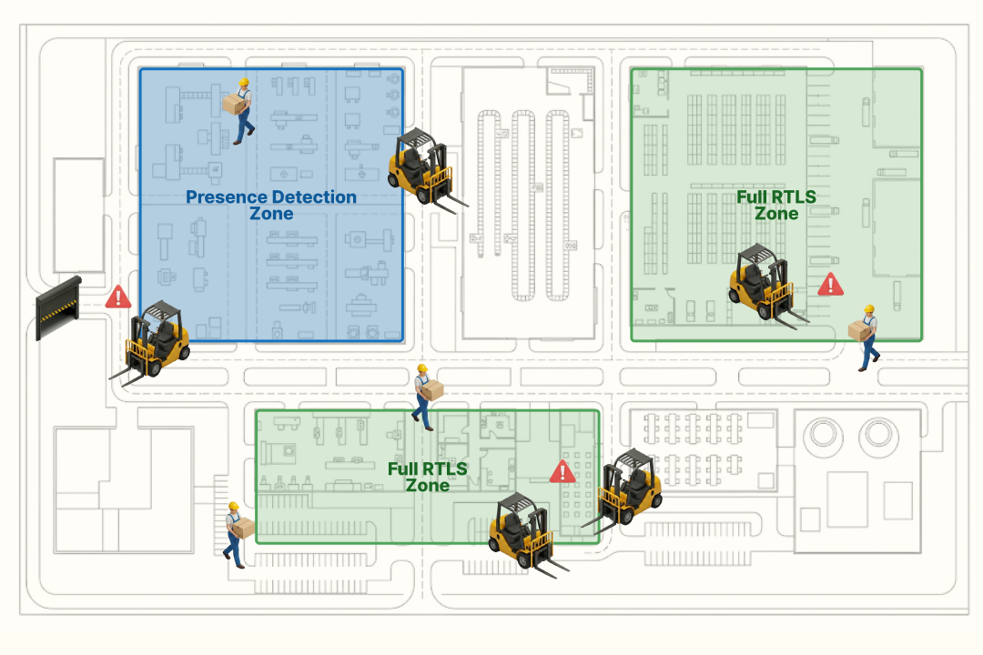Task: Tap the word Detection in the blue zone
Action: click(315, 196)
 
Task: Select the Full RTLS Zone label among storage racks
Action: click(775, 205)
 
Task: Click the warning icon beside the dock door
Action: click(117, 297)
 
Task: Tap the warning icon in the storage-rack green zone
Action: click(829, 285)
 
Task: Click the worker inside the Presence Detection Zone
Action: click(240, 111)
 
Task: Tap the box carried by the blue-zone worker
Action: click(234, 105)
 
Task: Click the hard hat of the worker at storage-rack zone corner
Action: click(869, 310)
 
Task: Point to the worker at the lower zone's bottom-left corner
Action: click(238, 534)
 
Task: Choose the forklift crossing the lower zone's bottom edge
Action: click(522, 533)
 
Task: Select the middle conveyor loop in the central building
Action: click(522, 205)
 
